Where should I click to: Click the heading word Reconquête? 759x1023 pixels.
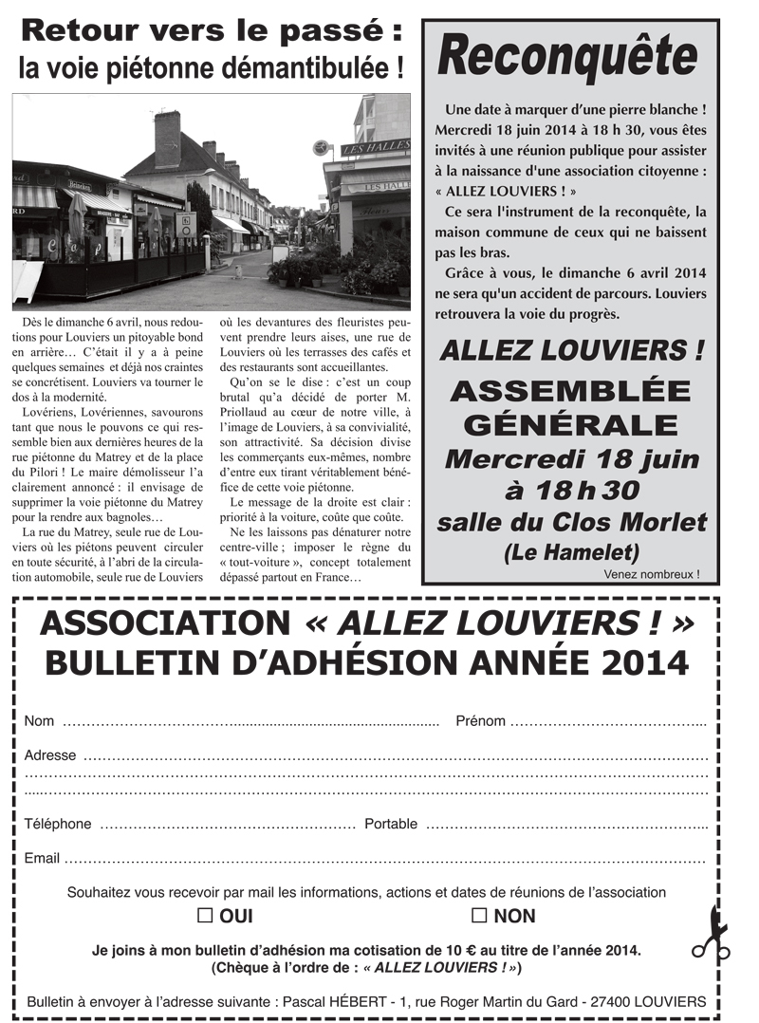[568, 58]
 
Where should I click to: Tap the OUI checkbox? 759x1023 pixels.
[204, 916]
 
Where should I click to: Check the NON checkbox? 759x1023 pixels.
[479, 916]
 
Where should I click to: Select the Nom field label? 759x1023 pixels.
[39, 721]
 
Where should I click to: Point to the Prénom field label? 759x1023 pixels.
[480, 721]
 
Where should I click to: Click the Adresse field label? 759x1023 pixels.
[50, 755]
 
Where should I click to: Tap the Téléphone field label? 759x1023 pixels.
[58, 824]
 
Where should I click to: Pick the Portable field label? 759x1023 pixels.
[390, 824]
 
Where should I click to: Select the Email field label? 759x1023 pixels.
[42, 858]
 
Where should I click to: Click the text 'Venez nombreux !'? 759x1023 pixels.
[651, 574]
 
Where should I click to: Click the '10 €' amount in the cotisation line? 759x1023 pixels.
[433, 949]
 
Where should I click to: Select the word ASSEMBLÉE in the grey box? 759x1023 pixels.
[570, 390]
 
